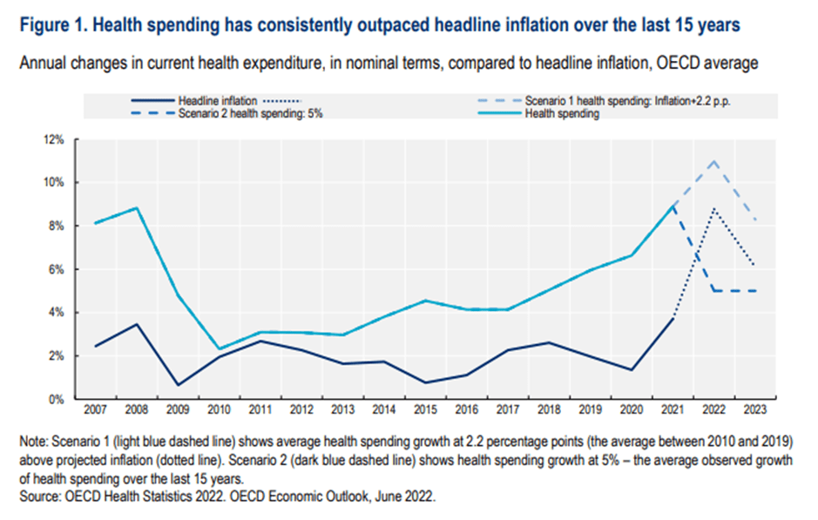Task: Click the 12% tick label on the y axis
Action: tap(53, 139)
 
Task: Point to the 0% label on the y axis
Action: tap(56, 399)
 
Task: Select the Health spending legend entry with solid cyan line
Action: tap(561, 115)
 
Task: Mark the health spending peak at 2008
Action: tap(137, 208)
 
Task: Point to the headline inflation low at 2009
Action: tap(178, 385)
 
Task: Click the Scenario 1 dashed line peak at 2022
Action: tap(713, 161)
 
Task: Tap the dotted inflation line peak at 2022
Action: tap(713, 209)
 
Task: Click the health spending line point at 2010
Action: tap(219, 349)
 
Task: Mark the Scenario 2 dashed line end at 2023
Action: tap(754, 291)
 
